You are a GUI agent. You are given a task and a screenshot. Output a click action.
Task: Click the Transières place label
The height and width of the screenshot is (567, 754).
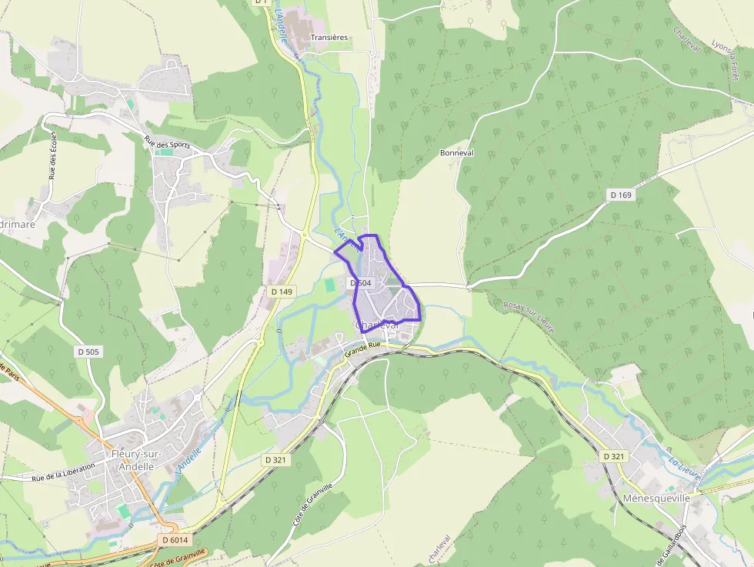pyautogui.click(x=329, y=37)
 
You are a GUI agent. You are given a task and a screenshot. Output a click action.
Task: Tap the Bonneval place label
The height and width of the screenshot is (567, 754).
pyautogui.click(x=457, y=153)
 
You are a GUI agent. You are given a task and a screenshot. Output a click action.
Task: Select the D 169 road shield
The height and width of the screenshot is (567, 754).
pyautogui.click(x=621, y=195)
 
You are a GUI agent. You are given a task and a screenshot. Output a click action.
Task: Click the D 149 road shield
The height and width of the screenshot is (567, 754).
pyautogui.click(x=282, y=292)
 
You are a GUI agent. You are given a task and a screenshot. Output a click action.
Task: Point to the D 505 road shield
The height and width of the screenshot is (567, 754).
pyautogui.click(x=88, y=352)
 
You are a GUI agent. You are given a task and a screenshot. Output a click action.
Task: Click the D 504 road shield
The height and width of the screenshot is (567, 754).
pyautogui.click(x=361, y=283)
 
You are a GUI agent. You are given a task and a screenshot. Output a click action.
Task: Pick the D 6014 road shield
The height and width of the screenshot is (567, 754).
pyautogui.click(x=175, y=540)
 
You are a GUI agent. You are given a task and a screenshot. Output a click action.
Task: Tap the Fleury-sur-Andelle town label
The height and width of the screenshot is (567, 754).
pyautogui.click(x=135, y=459)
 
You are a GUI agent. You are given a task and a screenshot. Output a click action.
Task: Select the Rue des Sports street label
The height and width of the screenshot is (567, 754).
pyautogui.click(x=167, y=144)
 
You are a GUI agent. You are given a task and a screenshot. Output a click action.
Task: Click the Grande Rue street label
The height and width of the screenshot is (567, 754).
pyautogui.click(x=363, y=350)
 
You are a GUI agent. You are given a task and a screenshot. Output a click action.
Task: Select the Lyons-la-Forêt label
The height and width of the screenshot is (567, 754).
pyautogui.click(x=730, y=61)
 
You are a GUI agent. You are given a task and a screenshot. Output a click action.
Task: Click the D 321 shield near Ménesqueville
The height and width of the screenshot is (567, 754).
pyautogui.click(x=614, y=456)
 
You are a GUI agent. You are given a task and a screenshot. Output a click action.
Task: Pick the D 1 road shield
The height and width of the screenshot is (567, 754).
pyautogui.click(x=261, y=2)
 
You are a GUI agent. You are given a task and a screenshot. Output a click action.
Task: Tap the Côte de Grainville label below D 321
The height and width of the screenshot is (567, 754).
pyautogui.click(x=313, y=505)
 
